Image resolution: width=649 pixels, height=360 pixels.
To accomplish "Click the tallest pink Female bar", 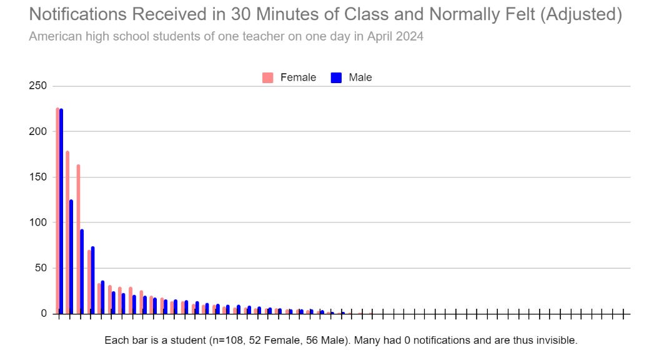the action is (x=57, y=211).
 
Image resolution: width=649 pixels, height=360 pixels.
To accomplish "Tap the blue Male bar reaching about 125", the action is (x=71, y=257).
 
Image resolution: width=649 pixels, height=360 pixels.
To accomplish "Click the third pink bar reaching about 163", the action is (x=78, y=239).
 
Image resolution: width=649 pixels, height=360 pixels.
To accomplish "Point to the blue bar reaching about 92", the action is (x=82, y=271).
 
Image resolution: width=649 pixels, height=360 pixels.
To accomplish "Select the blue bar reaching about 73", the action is (x=92, y=280).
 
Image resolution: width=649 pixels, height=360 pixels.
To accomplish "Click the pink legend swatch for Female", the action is (x=268, y=77).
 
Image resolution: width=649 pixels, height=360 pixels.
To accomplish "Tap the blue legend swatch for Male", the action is (x=336, y=77).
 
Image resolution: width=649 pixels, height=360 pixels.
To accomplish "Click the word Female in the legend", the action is (x=298, y=77).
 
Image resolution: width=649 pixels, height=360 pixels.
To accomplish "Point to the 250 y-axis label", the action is (x=37, y=86).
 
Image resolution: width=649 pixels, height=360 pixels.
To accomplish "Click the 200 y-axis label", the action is (x=37, y=131).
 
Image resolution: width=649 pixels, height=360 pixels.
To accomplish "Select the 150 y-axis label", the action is (x=37, y=177).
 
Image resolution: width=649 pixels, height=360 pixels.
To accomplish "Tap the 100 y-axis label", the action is (x=37, y=222).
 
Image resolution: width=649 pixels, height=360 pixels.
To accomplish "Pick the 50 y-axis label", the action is (x=41, y=268).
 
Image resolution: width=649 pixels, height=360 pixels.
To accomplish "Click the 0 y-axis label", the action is (x=44, y=314).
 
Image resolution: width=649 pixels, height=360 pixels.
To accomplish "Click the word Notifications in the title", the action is (x=77, y=14).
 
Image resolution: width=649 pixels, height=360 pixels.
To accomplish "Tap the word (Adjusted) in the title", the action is (x=581, y=14).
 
